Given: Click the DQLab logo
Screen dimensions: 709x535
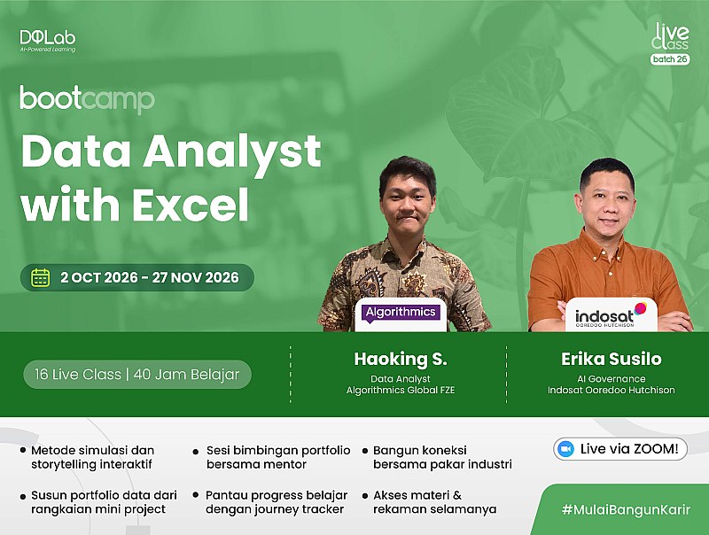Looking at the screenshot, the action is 48,41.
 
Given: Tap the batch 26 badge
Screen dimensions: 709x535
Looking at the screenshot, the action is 670,59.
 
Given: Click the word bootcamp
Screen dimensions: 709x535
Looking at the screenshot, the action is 87,98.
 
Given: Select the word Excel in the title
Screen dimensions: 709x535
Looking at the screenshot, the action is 191,205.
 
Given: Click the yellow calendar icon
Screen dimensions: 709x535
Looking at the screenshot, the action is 40,277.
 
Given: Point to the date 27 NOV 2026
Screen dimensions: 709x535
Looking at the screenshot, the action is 195,277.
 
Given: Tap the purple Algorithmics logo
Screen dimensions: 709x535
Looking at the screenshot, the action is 401,313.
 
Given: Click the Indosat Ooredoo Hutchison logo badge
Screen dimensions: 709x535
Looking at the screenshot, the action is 611,314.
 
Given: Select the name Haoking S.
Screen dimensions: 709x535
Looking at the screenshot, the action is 401,359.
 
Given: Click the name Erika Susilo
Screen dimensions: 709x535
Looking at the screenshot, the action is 612,359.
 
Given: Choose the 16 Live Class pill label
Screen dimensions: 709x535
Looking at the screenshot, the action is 137,375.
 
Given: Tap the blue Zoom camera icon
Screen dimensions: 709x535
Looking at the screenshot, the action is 565,449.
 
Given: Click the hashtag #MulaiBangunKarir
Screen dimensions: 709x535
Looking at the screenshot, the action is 627,509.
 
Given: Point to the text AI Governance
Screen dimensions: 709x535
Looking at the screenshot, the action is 612,378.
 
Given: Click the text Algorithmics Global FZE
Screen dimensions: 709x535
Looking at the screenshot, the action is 401,390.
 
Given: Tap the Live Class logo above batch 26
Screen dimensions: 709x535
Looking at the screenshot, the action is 671,36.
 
